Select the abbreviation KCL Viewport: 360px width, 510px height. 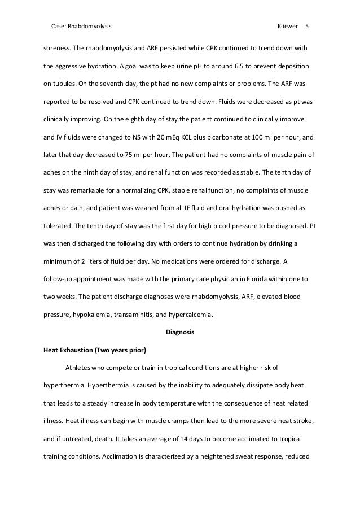pos(174,137)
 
